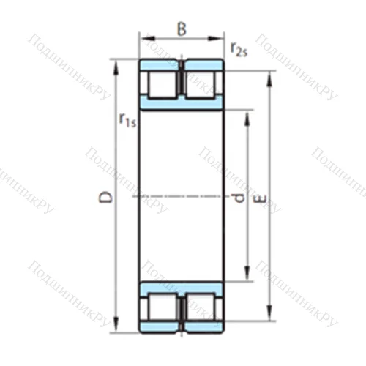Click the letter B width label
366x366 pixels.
pyautogui.click(x=182, y=30)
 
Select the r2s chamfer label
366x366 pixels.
pyautogui.click(x=238, y=49)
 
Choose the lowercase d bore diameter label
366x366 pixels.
pyautogui.click(x=236, y=197)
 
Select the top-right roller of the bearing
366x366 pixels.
pyautogui.click(x=201, y=84)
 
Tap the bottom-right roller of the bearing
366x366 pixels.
pyautogui.click(x=201, y=307)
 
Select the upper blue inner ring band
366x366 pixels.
pyautogui.click(x=182, y=105)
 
